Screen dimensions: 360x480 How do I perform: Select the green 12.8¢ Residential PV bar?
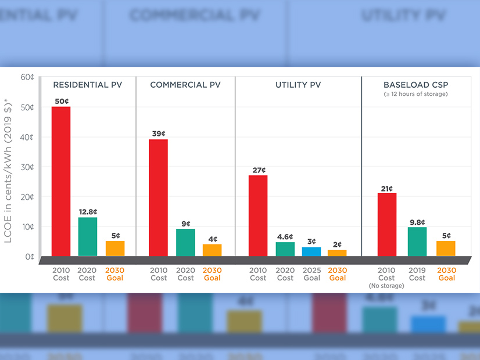[x=87, y=236]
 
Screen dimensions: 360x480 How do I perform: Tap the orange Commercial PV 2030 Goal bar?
[x=212, y=250]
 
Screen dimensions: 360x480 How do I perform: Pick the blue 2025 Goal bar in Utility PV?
[x=311, y=251]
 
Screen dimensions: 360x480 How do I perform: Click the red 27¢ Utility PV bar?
[x=258, y=215]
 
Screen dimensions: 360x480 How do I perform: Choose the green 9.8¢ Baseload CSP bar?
[x=417, y=242]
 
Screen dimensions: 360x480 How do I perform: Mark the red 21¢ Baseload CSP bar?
[x=386, y=224]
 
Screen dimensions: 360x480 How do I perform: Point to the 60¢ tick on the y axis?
[x=27, y=77]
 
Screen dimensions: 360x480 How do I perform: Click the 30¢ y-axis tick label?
[x=27, y=167]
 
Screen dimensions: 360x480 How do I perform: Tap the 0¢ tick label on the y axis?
[x=28, y=257]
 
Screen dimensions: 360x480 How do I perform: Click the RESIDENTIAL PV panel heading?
[x=88, y=85]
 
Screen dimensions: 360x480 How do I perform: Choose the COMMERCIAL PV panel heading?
[x=185, y=85]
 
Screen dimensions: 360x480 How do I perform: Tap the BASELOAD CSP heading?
[x=415, y=85]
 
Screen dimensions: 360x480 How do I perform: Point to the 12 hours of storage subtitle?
[x=415, y=94]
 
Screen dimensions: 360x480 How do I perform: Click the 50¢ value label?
[x=61, y=101]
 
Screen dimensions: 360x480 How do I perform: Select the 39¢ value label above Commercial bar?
[x=159, y=134]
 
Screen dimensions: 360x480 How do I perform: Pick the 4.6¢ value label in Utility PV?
[x=285, y=236]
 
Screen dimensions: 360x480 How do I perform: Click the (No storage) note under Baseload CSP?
[x=386, y=285]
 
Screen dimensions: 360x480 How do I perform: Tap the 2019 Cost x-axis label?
[x=417, y=274]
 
